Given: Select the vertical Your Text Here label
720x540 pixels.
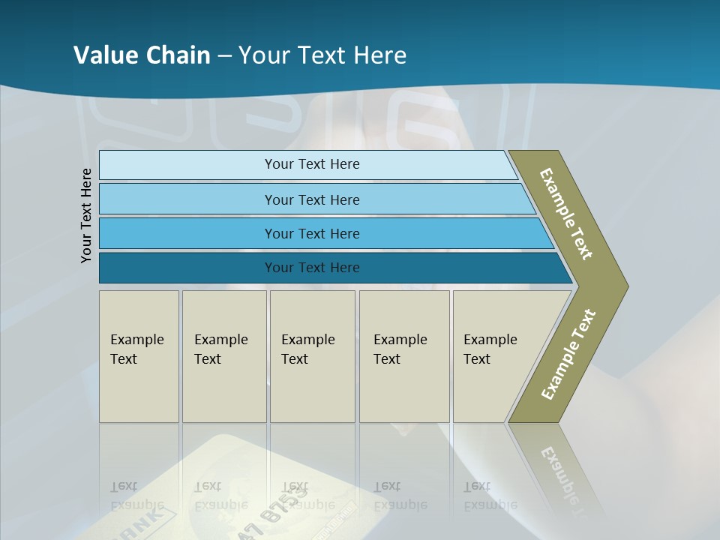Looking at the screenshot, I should click(x=86, y=216).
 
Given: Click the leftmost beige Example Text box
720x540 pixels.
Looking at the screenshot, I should click(x=139, y=356).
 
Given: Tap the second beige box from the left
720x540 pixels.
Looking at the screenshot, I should click(x=224, y=356).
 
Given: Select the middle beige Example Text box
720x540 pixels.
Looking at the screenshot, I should click(x=312, y=356).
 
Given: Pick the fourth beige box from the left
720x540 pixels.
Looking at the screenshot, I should click(x=404, y=356).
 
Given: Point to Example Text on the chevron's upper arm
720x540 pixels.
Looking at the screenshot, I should click(x=567, y=214).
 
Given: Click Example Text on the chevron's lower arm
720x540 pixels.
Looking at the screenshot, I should click(x=568, y=355).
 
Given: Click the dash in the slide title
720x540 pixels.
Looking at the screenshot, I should click(x=224, y=56).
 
